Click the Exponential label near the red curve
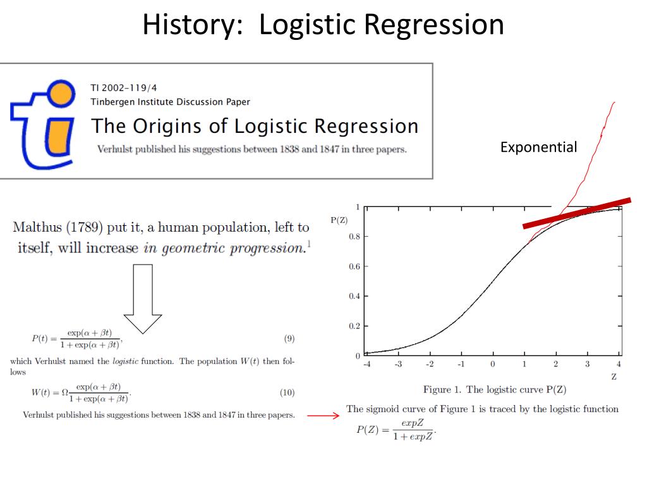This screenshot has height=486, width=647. (x=538, y=147)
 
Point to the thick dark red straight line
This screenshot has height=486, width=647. (x=576, y=213)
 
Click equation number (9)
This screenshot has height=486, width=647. (x=289, y=339)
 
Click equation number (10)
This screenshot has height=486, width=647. (x=287, y=393)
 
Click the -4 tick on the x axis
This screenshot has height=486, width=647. (x=367, y=364)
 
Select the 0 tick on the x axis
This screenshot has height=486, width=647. (x=493, y=364)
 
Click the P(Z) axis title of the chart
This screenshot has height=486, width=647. (x=338, y=220)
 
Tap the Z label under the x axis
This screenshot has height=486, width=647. (x=614, y=377)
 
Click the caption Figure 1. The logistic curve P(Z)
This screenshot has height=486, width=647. (x=494, y=390)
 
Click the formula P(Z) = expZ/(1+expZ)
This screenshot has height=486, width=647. (x=396, y=430)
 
